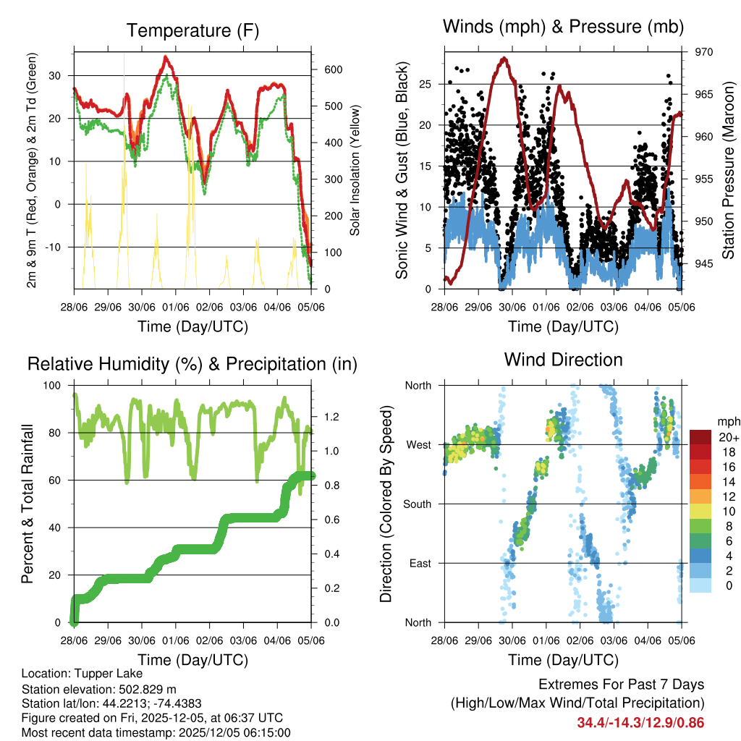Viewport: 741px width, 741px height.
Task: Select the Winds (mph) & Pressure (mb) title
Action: [563, 27]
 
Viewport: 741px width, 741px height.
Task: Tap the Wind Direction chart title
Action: [563, 360]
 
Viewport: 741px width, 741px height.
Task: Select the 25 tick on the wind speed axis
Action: [428, 84]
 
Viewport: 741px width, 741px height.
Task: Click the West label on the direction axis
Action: [418, 444]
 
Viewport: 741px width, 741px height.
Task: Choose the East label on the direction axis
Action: [420, 563]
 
